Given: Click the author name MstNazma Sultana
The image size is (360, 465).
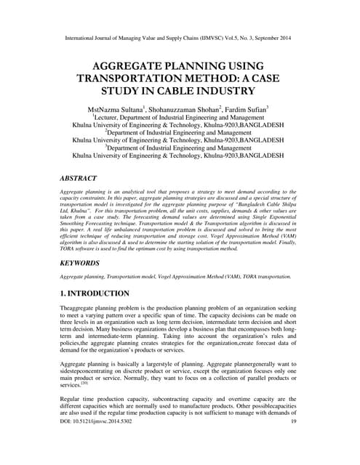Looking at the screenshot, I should [118, 108].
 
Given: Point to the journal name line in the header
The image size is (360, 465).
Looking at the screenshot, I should [180, 34].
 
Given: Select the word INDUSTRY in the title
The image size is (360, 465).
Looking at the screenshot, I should [233, 92].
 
